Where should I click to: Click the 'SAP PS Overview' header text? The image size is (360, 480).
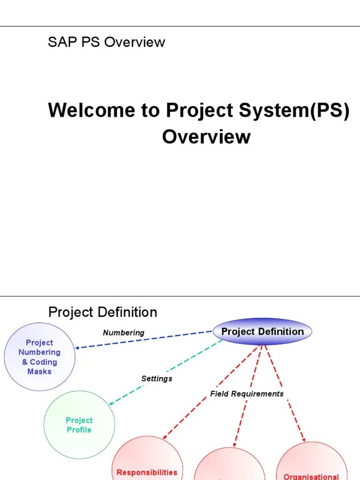point(106,42)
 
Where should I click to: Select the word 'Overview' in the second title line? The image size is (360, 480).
point(206,137)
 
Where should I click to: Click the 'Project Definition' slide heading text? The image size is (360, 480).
point(103,312)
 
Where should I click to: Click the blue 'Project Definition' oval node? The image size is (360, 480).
point(262,332)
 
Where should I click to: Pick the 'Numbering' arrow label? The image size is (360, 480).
point(124,333)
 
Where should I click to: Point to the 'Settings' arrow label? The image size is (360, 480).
point(157,378)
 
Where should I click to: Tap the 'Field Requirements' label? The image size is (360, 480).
point(247,394)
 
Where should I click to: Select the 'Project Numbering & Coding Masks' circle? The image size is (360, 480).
point(39,357)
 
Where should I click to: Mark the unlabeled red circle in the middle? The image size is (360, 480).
point(230,466)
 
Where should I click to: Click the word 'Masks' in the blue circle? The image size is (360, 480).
point(39,372)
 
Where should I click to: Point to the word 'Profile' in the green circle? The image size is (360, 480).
point(79,430)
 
